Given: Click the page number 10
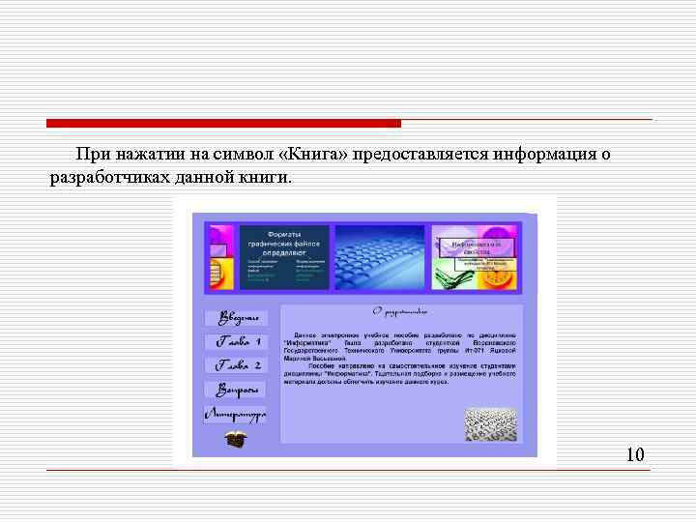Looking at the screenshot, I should pyautogui.click(x=635, y=454).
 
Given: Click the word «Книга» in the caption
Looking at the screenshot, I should pyautogui.click(x=313, y=155).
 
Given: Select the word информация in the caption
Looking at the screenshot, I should pyautogui.click(x=541, y=155).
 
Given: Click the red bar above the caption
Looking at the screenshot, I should pyautogui.click(x=223, y=124).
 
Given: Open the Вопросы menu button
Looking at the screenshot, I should pyautogui.click(x=236, y=391).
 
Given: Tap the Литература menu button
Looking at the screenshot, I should pyautogui.click(x=236, y=415).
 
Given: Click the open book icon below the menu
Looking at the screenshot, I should pyautogui.click(x=236, y=439).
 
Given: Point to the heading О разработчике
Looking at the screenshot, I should pyautogui.click(x=399, y=312).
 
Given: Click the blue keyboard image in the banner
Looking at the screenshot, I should pyautogui.click(x=379, y=257).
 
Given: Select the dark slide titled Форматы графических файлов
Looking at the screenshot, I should pyautogui.click(x=284, y=257).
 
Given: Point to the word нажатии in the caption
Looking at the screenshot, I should pyautogui.click(x=143, y=155).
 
